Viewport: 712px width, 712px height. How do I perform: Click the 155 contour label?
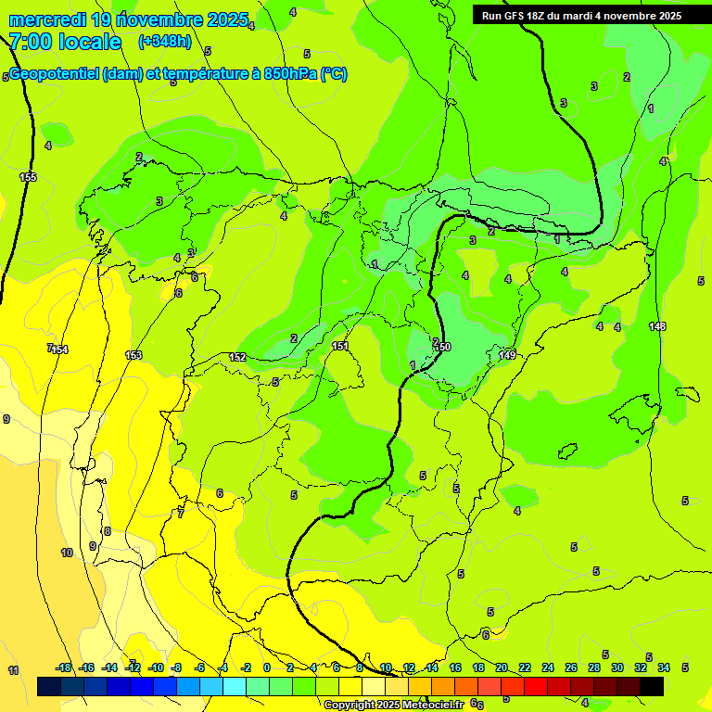(x=28, y=177)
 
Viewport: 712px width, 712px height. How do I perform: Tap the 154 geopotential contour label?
(x=60, y=350)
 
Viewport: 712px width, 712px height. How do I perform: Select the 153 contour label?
(x=134, y=355)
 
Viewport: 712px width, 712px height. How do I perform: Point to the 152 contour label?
(x=237, y=357)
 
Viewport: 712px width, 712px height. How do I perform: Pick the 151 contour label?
(x=340, y=346)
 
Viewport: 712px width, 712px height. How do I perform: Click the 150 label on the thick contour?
(x=442, y=347)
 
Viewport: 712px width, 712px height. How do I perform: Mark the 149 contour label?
(x=507, y=355)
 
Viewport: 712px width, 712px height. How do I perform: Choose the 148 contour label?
(x=657, y=326)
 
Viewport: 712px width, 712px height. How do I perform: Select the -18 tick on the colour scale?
(x=63, y=667)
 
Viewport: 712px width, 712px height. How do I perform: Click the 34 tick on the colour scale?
(x=664, y=667)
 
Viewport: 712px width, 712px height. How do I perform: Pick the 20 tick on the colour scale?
(x=502, y=667)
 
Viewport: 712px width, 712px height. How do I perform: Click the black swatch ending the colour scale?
(x=651, y=686)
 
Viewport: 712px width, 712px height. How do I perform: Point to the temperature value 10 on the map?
(x=67, y=553)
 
